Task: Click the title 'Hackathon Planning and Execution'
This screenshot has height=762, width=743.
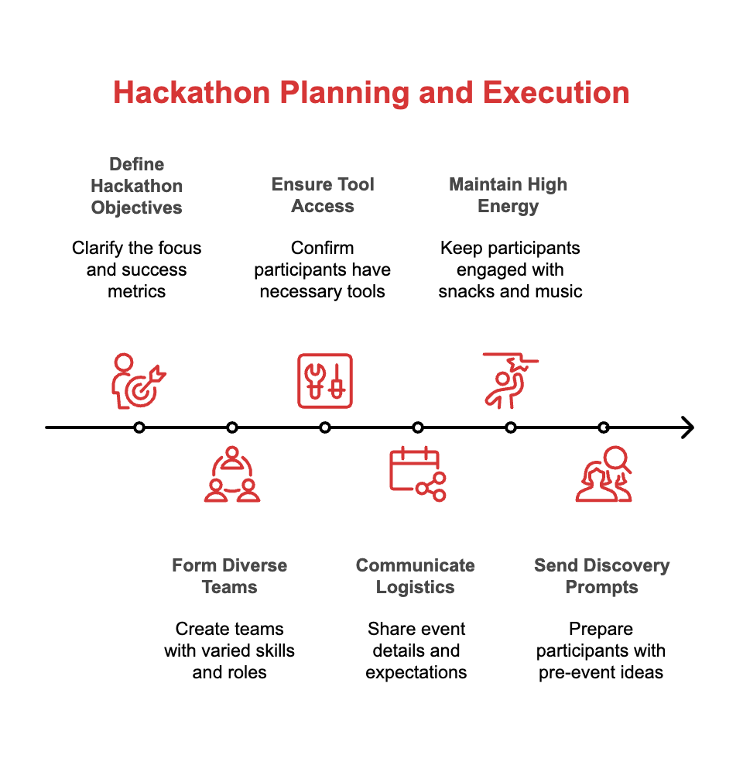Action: click(x=371, y=93)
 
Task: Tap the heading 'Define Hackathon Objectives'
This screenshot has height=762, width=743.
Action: click(x=137, y=186)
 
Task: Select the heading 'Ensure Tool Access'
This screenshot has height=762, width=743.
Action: click(x=323, y=195)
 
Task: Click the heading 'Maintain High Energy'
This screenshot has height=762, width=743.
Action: click(x=508, y=195)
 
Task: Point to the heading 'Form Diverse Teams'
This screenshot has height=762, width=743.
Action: click(x=230, y=576)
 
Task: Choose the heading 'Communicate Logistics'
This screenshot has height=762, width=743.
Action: click(x=416, y=576)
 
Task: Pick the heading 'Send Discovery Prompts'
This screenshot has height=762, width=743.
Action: click(x=601, y=576)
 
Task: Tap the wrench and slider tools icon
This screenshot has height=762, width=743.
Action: click(x=325, y=381)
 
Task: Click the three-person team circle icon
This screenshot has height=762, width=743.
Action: click(x=232, y=474)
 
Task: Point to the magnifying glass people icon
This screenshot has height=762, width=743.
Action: click(x=604, y=474)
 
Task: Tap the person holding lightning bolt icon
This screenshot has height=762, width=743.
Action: click(x=508, y=379)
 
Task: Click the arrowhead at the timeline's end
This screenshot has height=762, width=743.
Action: click(x=687, y=427)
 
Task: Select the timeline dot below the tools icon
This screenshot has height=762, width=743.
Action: click(x=325, y=427)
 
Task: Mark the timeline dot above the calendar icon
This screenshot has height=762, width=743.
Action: click(x=418, y=427)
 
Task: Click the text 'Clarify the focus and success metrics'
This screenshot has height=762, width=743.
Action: click(x=137, y=269)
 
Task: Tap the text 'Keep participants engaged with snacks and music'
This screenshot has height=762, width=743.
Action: click(x=510, y=269)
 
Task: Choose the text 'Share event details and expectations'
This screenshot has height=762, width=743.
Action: click(x=416, y=650)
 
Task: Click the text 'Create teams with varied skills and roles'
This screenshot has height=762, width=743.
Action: click(x=230, y=650)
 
